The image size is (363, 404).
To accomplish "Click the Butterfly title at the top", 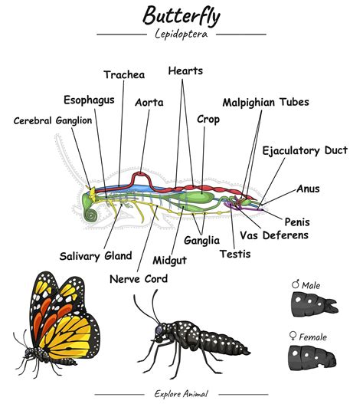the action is click(181, 16).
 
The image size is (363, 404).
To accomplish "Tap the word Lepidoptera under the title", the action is click(181, 34).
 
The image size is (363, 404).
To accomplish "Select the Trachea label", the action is click(124, 74).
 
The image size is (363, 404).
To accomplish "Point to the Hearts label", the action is click(185, 71).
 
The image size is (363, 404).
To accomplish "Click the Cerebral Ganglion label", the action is click(53, 120).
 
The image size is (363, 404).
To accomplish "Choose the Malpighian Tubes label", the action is click(266, 103).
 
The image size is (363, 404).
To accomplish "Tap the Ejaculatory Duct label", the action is click(305, 151).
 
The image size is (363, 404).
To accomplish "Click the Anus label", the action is click(308, 189).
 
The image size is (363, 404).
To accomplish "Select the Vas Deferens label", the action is click(274, 235).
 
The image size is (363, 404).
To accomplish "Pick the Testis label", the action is click(235, 254).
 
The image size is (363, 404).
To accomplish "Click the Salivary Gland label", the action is click(96, 256).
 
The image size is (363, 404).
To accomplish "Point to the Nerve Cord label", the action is click(139, 279).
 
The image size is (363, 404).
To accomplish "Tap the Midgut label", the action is click(170, 261).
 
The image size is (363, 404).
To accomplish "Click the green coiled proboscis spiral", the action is click(90, 215).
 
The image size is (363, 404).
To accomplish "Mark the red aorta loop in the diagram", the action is click(141, 178).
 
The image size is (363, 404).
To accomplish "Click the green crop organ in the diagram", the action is click(200, 198).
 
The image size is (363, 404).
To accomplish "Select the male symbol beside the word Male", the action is click(296, 284).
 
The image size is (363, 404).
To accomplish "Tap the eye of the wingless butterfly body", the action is click(159, 329).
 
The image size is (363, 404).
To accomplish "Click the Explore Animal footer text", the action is click(181, 394).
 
